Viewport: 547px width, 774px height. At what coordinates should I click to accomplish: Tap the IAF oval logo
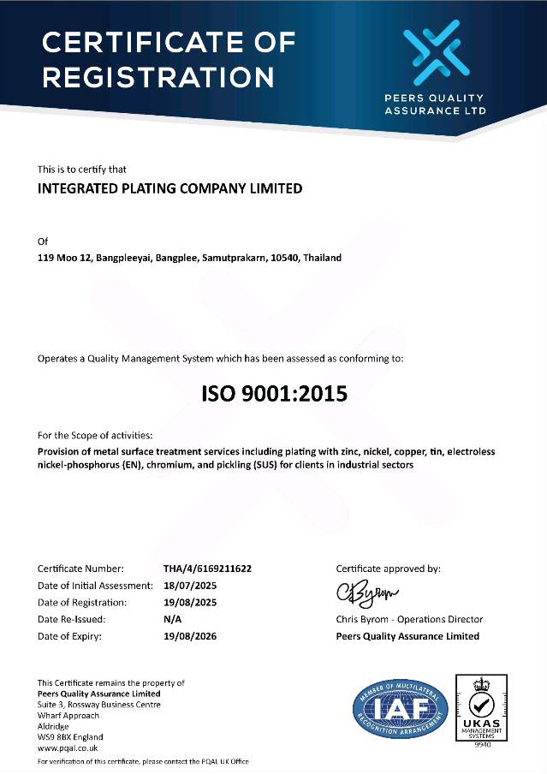click(x=401, y=709)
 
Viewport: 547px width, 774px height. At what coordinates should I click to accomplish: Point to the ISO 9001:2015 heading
click(x=274, y=395)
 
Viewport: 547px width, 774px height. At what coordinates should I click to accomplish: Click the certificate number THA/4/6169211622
click(x=207, y=569)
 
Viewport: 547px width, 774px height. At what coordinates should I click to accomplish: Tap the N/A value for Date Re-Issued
click(x=173, y=619)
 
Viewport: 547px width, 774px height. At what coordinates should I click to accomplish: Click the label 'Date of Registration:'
click(x=84, y=603)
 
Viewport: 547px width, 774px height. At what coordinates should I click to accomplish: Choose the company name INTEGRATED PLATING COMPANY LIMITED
click(x=170, y=188)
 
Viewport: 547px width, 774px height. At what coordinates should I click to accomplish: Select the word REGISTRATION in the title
click(x=158, y=78)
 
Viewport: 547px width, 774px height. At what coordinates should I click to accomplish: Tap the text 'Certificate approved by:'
click(x=388, y=569)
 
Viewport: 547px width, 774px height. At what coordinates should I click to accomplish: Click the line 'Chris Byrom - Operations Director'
click(x=409, y=619)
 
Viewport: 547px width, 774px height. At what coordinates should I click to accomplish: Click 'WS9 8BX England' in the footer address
click(x=70, y=737)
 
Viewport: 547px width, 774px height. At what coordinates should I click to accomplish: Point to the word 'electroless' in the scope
click(x=469, y=451)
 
